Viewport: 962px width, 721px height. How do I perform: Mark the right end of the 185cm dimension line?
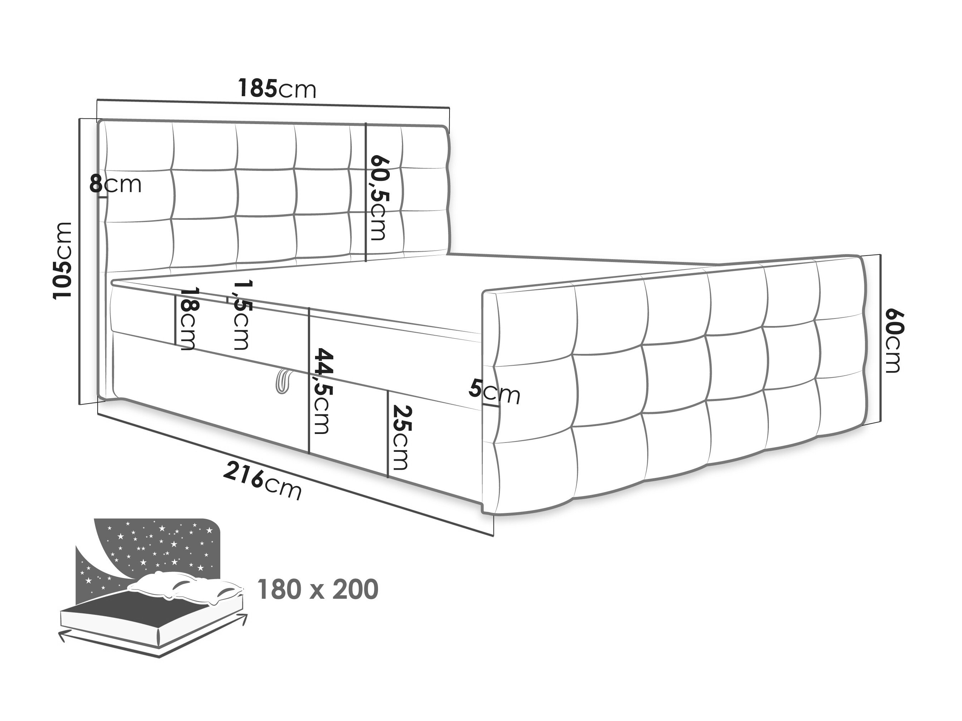(x=449, y=107)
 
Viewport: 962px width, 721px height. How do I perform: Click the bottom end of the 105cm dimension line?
(x=80, y=404)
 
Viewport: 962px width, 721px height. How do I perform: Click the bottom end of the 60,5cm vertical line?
(x=366, y=261)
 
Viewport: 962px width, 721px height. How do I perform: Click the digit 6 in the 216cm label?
(x=256, y=480)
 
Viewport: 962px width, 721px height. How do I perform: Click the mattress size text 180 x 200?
(x=318, y=590)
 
